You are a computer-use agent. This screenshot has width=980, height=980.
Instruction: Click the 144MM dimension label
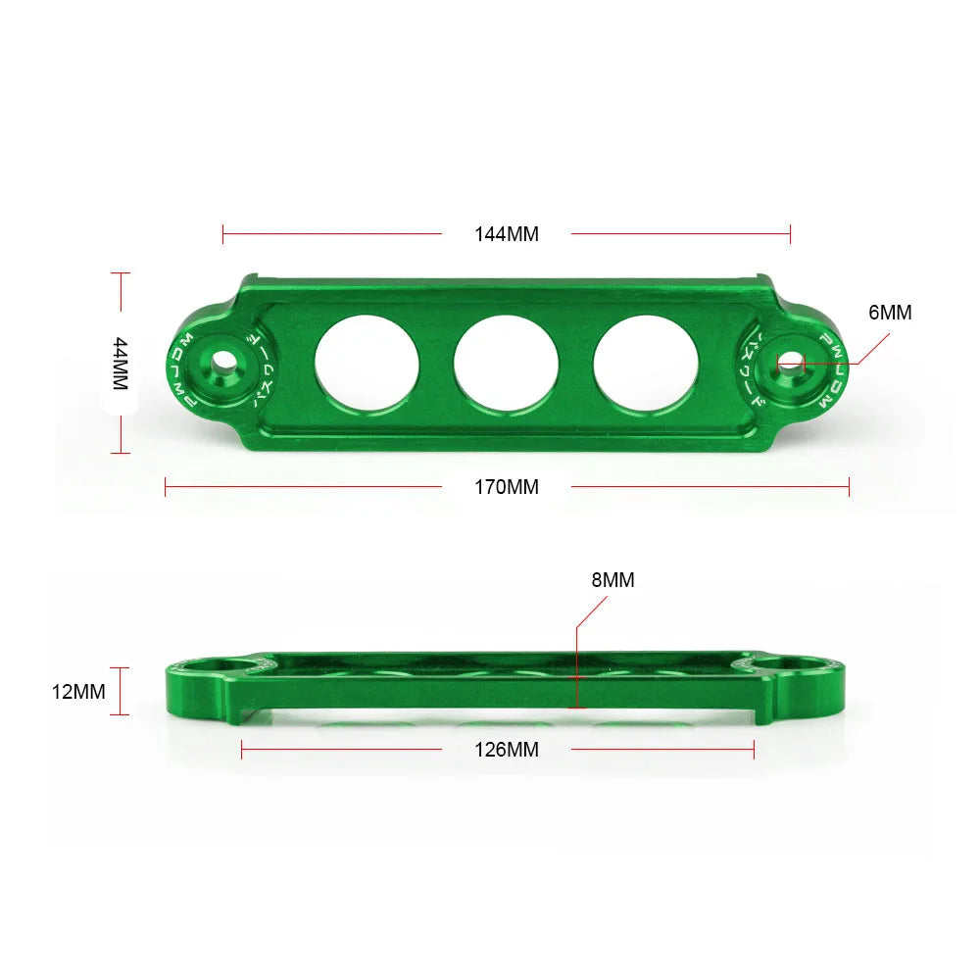(507, 234)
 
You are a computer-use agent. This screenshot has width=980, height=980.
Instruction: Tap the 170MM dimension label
(507, 486)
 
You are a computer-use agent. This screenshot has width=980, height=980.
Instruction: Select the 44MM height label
(120, 364)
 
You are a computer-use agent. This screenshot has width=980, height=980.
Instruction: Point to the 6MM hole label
(890, 313)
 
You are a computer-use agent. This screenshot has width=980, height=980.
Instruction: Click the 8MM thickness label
(612, 580)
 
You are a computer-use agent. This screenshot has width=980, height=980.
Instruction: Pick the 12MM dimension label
(78, 692)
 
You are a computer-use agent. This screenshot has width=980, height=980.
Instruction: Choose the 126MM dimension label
(507, 750)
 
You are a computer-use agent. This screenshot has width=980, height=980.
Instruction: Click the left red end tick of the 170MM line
(166, 486)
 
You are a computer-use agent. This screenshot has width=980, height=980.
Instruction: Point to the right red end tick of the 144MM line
(790, 234)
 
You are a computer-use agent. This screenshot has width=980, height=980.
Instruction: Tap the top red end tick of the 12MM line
(120, 668)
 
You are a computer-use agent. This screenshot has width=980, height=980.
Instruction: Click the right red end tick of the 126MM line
(754, 750)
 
